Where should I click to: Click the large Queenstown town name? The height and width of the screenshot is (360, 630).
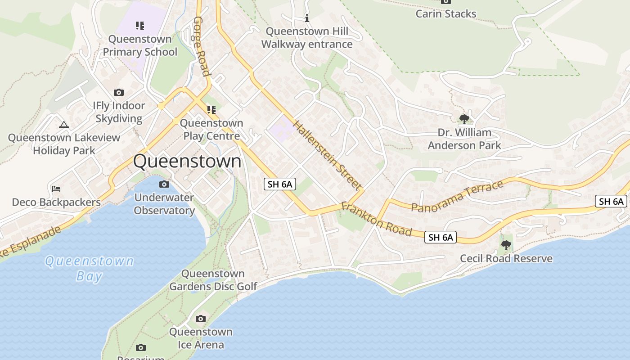(187, 162)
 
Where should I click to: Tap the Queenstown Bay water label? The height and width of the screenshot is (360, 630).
(90, 268)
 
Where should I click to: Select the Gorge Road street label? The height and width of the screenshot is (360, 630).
(202, 46)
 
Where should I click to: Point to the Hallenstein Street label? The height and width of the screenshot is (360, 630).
(328, 155)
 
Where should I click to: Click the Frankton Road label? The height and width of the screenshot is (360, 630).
(376, 219)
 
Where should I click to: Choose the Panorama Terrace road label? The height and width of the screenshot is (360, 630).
(457, 196)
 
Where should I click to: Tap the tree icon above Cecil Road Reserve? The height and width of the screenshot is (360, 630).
(506, 245)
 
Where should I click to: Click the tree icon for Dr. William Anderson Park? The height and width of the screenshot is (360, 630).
(464, 119)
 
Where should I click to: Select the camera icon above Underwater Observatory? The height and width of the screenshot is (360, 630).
(164, 184)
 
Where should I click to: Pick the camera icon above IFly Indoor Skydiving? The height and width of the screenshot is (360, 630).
(119, 93)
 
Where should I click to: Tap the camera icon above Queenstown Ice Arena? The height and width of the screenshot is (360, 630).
(201, 319)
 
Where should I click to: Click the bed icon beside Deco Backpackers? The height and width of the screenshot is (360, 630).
(56, 189)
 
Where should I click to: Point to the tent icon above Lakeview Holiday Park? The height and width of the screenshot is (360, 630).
(64, 125)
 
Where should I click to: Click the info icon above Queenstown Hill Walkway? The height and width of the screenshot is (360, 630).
(307, 18)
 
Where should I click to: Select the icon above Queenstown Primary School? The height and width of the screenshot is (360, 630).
(140, 26)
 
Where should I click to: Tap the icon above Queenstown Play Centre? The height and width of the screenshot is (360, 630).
(211, 110)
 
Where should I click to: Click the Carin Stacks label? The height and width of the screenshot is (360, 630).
(445, 13)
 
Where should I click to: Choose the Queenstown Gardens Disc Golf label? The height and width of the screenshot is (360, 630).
(213, 280)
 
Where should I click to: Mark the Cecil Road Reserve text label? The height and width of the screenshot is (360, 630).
(506, 259)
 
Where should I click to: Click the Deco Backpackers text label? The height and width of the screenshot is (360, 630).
(56, 202)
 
